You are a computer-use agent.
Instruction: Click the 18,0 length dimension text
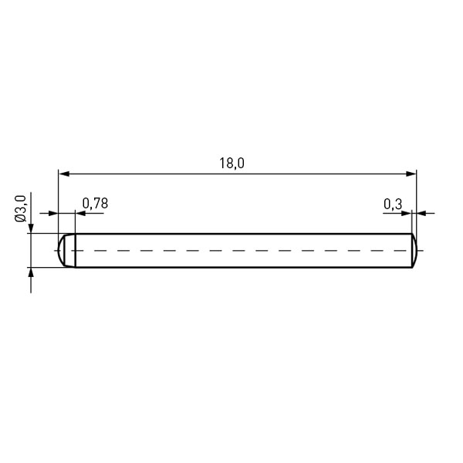231,164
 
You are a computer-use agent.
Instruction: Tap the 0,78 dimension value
95,204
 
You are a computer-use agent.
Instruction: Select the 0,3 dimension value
393,204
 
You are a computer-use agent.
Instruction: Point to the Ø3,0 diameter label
21,208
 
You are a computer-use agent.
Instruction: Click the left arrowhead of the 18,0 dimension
64,174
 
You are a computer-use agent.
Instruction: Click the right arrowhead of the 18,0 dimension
411,174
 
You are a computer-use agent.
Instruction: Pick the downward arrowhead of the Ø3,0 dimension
31,228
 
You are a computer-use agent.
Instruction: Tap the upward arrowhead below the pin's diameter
31,272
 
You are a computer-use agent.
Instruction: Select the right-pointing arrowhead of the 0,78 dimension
53,213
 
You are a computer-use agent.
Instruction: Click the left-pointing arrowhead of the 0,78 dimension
80,213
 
